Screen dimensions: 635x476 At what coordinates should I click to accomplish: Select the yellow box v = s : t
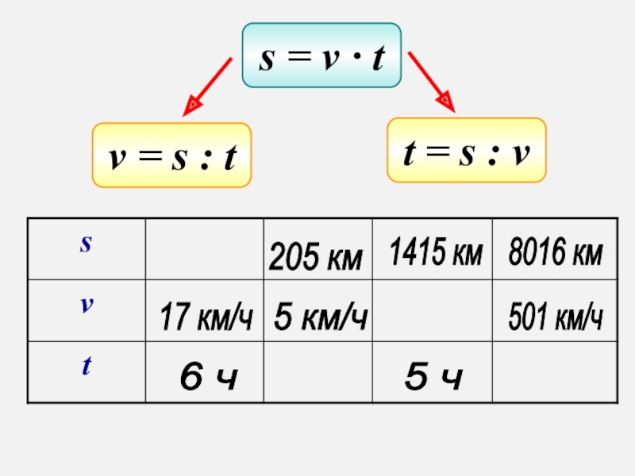tap(171, 155)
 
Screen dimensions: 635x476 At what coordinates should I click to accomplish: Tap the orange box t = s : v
tap(466, 151)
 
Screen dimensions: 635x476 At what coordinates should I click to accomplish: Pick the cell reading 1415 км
tap(435, 254)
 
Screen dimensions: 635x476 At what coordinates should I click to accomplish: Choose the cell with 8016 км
tap(555, 254)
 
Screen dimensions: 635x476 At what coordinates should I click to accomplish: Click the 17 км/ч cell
tap(205, 318)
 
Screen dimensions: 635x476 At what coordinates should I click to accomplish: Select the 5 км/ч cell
tap(320, 317)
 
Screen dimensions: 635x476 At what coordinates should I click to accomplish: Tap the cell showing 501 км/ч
tap(555, 317)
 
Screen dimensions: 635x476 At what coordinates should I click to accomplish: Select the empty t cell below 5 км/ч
tap(318, 372)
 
